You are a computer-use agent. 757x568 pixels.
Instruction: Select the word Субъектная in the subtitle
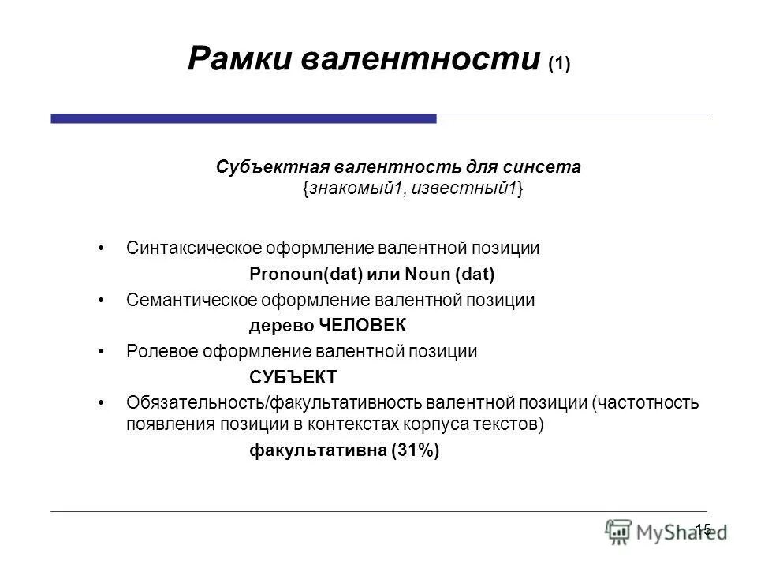[270, 167]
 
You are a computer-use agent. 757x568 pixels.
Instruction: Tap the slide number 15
[703, 529]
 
